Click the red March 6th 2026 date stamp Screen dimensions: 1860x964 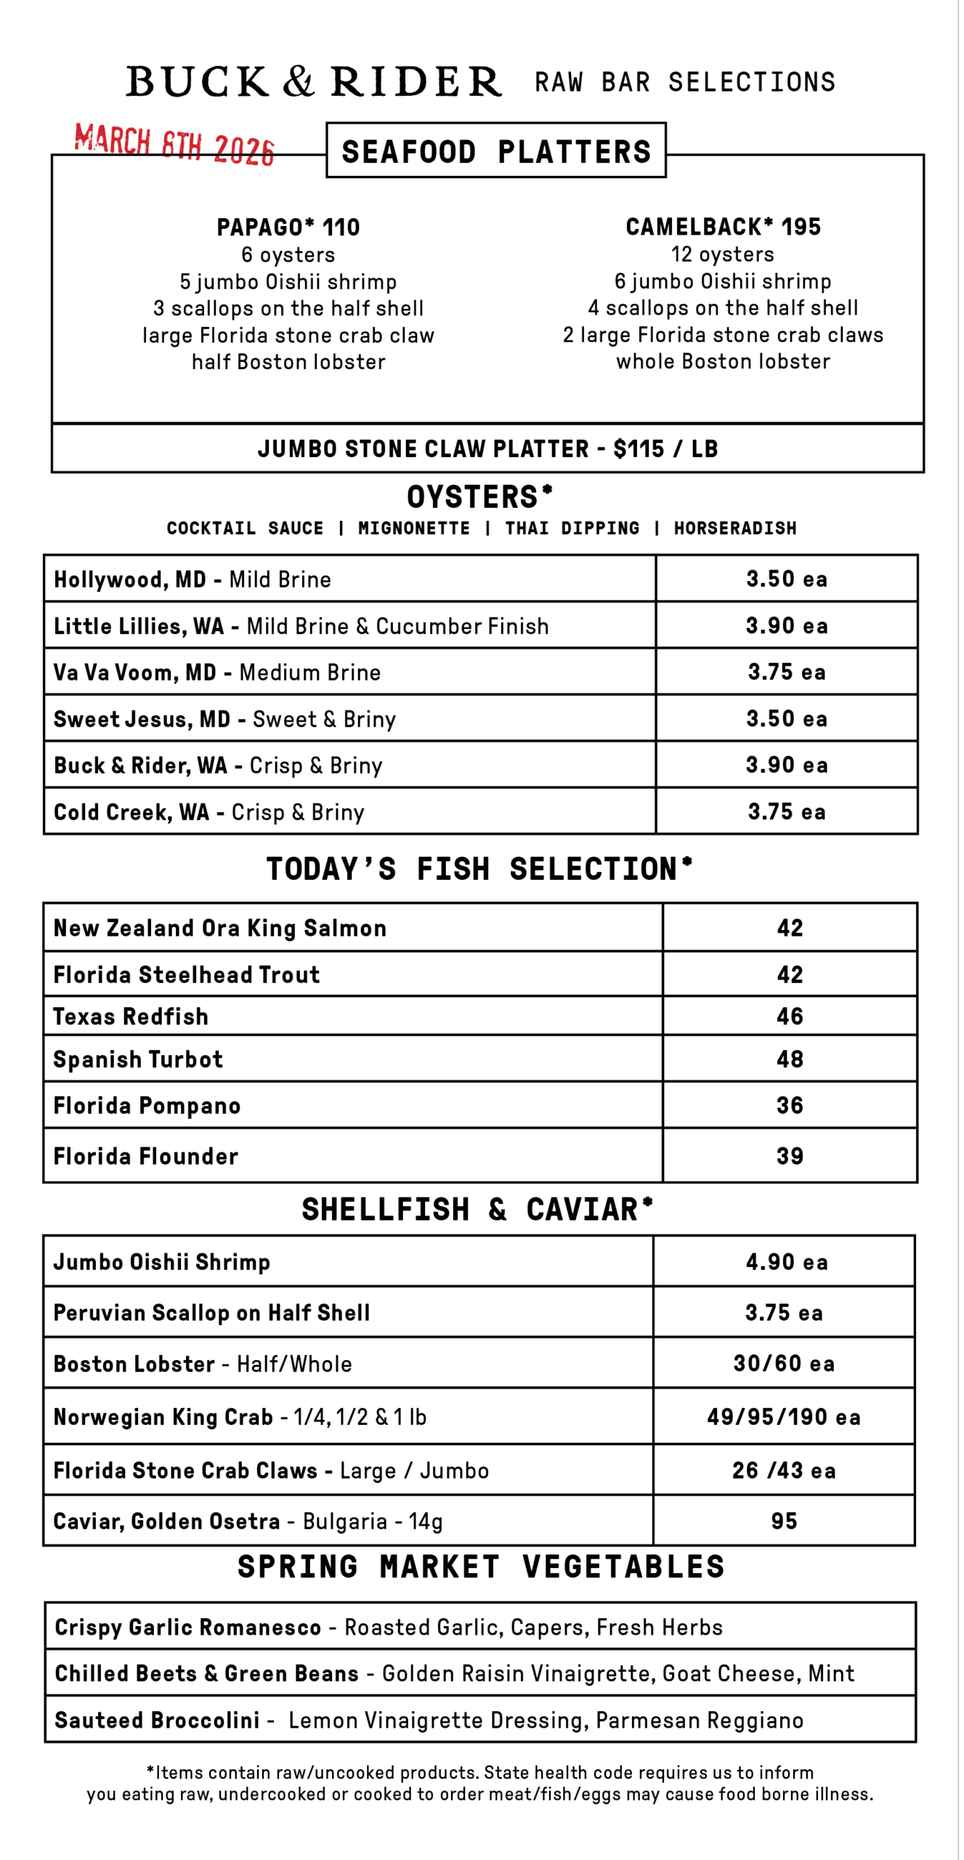coord(174,145)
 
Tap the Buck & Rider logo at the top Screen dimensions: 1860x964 coord(314,81)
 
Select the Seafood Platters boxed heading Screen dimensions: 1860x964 coord(496,151)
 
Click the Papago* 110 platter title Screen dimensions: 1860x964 coord(288,227)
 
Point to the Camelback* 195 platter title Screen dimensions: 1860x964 coord(723,227)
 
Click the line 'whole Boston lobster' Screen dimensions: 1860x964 coord(723,362)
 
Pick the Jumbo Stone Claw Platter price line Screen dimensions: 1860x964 coord(487,449)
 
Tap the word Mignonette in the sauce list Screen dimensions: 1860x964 coord(413,528)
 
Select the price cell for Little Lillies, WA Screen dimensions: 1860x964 coord(786,626)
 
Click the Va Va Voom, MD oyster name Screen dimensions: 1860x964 coord(135,672)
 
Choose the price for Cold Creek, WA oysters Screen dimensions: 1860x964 coord(786,812)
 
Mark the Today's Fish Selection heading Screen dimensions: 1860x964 coord(479,869)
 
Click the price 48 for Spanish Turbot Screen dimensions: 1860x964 coord(790,1059)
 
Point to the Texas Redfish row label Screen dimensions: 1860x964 coord(131,1016)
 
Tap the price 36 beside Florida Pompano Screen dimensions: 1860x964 coord(790,1105)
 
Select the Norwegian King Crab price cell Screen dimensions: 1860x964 coord(783,1417)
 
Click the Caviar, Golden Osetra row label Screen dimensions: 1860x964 coord(166,1521)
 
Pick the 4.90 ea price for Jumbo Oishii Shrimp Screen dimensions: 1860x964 coord(786,1262)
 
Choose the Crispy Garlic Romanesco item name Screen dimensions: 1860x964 coord(188,1627)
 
